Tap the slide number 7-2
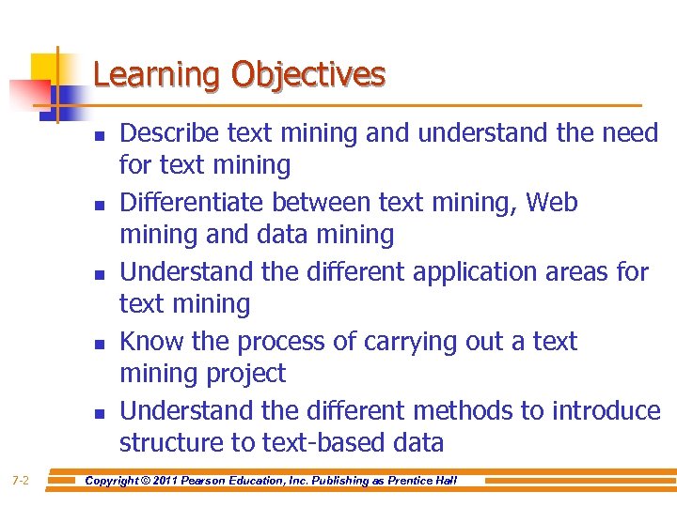[x=21, y=481]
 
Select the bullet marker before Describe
[x=98, y=135]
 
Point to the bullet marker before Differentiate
[x=98, y=205]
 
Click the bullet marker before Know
[x=98, y=344]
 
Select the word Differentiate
[x=193, y=203]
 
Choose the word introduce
[x=606, y=411]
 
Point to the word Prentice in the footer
[x=407, y=481]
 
